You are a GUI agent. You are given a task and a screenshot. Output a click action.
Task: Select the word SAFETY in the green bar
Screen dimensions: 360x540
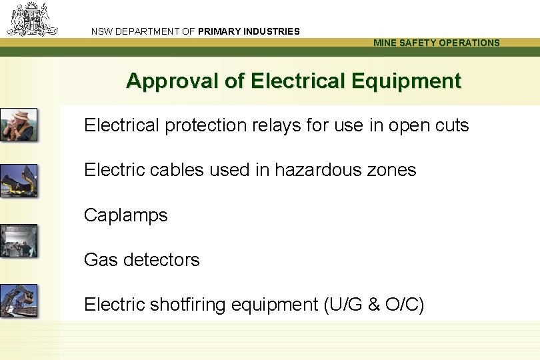pyautogui.click(x=414, y=43)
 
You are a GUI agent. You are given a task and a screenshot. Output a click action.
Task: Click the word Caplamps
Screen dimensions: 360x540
pyautogui.click(x=126, y=215)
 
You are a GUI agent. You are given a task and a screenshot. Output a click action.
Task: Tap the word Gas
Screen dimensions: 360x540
pyautogui.click(x=99, y=259)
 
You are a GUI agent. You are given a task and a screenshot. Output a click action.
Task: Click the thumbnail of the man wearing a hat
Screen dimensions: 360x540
pyautogui.click(x=19, y=124)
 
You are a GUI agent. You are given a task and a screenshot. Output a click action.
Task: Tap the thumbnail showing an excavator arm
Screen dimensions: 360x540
pyautogui.click(x=19, y=300)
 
